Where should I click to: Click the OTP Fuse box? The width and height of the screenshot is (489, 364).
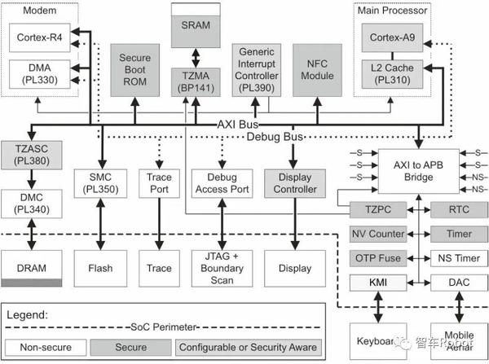click(x=377, y=258)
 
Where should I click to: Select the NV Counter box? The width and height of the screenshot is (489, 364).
click(x=377, y=234)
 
